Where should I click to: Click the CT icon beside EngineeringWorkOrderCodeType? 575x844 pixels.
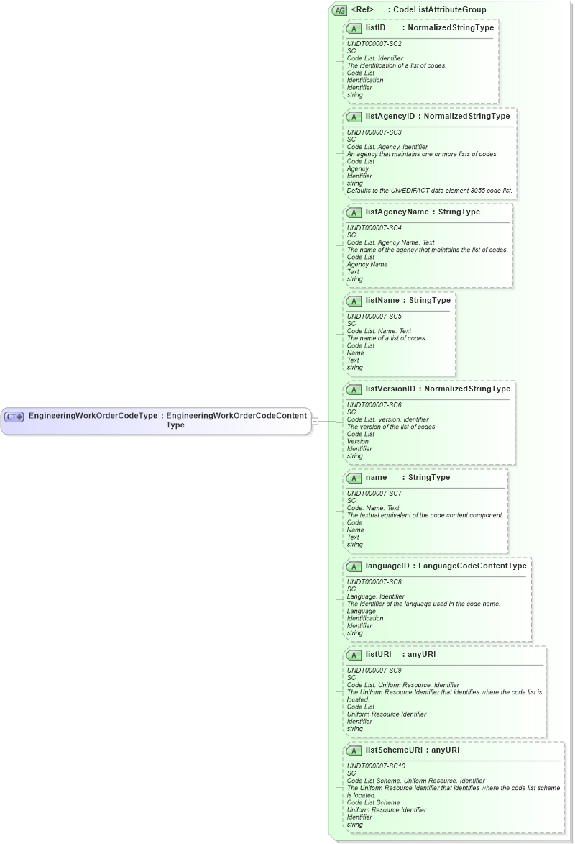pyautogui.click(x=14, y=417)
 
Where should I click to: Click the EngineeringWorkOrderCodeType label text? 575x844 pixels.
pyautogui.click(x=92, y=416)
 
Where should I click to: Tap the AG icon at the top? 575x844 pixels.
pyautogui.click(x=339, y=10)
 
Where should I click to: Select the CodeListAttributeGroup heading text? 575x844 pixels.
pyautogui.click(x=439, y=9)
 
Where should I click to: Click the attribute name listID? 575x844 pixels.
pyautogui.click(x=375, y=27)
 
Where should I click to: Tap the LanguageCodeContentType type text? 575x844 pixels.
pyautogui.click(x=472, y=566)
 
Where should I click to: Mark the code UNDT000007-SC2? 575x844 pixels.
pyautogui.click(x=374, y=44)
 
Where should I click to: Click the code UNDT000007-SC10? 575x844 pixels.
pyautogui.click(x=376, y=766)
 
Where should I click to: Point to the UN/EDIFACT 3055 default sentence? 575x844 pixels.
pyautogui.click(x=429, y=191)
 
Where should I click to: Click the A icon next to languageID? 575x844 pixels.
pyautogui.click(x=354, y=566)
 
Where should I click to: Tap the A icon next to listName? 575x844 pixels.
pyautogui.click(x=354, y=301)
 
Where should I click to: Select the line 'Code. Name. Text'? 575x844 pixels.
pyautogui.click(x=373, y=508)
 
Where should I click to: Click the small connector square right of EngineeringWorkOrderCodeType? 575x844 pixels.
pyautogui.click(x=315, y=421)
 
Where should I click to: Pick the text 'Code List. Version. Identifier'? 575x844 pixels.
pyautogui.click(x=387, y=419)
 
